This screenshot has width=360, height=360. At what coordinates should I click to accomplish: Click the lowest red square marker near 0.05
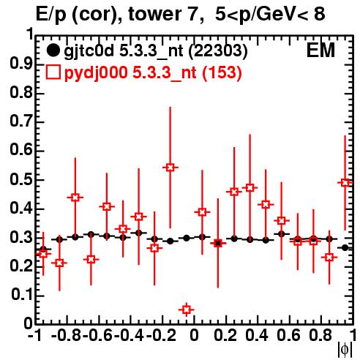point(187,310)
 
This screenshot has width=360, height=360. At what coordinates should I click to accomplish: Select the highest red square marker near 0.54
point(170,168)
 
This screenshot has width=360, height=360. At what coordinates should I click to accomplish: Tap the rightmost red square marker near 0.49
point(345,182)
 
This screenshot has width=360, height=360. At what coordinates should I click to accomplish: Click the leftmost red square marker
point(43,254)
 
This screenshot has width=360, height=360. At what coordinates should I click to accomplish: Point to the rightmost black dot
point(345,247)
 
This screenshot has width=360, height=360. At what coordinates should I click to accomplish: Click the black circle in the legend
point(53,50)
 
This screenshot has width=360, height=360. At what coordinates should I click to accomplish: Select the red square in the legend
point(53,72)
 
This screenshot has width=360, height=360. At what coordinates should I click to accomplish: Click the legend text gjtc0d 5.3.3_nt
point(124,51)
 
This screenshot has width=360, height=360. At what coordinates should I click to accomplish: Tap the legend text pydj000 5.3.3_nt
point(130,72)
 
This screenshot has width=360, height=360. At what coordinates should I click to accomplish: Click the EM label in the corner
point(320,50)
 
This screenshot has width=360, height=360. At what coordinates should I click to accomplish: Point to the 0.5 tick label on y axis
point(21,180)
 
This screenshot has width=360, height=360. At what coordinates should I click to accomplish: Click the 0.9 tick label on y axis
point(21,64)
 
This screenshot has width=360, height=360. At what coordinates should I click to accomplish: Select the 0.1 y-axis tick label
point(21,295)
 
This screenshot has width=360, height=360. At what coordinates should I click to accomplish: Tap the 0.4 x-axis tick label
point(257,336)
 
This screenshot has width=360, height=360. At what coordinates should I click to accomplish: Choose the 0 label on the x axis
point(194,336)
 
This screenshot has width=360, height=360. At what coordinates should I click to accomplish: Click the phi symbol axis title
point(345,350)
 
